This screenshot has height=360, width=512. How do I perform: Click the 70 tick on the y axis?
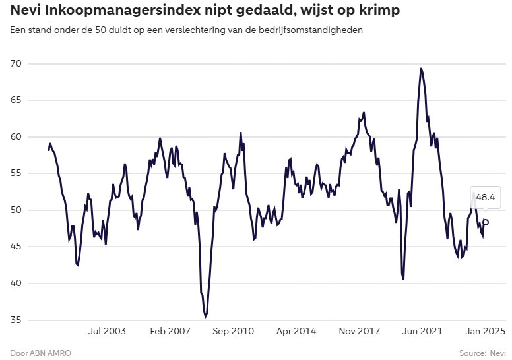pyautogui.click(x=15, y=64)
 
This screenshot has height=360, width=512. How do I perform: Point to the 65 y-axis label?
pyautogui.click(x=15, y=100)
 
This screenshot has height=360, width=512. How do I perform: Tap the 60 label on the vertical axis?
pyautogui.click(x=15, y=137)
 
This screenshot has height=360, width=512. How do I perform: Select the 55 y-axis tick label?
pyautogui.click(x=15, y=173)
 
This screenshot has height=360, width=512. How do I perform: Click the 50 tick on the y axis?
pyautogui.click(x=15, y=210)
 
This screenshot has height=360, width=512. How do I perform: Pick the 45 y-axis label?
pyautogui.click(x=15, y=247)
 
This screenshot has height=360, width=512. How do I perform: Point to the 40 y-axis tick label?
pyautogui.click(x=15, y=284)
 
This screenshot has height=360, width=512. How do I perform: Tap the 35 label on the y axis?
pyautogui.click(x=15, y=320)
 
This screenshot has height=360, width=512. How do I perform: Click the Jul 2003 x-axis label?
pyautogui.click(x=107, y=332)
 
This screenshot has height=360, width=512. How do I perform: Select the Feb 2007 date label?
pyautogui.click(x=170, y=332)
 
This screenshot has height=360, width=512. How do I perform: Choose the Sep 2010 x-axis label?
pyautogui.click(x=234, y=332)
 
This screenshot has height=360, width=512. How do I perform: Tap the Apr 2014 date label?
pyautogui.click(x=296, y=332)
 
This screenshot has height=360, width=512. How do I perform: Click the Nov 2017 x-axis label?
pyautogui.click(x=360, y=332)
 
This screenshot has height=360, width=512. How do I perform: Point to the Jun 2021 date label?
pyautogui.click(x=422, y=332)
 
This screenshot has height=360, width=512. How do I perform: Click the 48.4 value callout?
pyautogui.click(x=486, y=197)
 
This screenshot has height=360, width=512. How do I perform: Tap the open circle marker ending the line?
pyautogui.click(x=486, y=222)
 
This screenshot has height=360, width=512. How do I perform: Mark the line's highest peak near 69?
pyautogui.click(x=421, y=69)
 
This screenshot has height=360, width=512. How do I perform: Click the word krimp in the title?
pyautogui.click(x=381, y=11)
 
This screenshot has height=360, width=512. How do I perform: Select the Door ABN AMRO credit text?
pyautogui.click(x=40, y=353)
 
